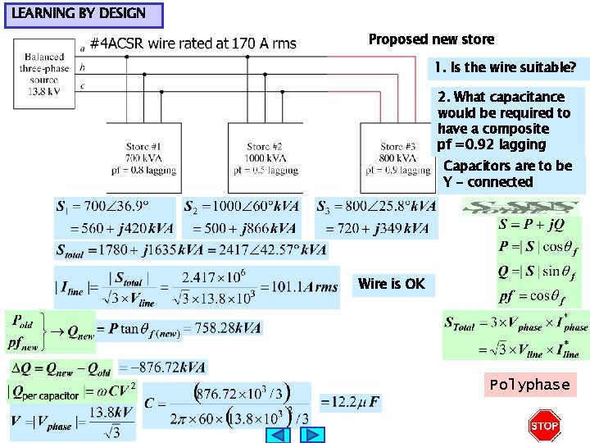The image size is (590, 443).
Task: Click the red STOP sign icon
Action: pos(544,425)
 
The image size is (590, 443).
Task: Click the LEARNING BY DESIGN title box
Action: pos(83,14)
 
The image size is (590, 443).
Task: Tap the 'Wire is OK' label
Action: pos(392,284)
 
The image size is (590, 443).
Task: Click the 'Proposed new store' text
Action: pos(431,39)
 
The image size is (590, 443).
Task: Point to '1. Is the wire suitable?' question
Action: pos(505,66)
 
